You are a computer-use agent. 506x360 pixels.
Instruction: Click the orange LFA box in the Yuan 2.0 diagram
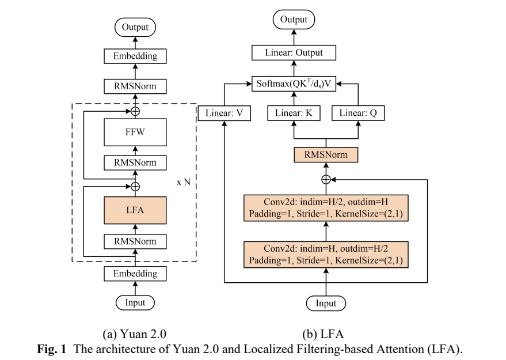pyautogui.click(x=135, y=210)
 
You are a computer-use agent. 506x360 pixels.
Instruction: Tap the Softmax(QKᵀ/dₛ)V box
pyautogui.click(x=294, y=83)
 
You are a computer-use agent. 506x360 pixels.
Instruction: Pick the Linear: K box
pyautogui.click(x=294, y=113)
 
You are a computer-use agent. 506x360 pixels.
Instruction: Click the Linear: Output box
pyautogui.click(x=294, y=53)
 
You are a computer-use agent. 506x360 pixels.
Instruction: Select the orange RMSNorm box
pyautogui.click(x=326, y=155)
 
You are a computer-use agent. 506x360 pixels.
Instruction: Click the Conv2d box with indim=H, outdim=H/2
pyautogui.click(x=326, y=255)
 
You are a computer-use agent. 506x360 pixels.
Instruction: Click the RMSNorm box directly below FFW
pyautogui.click(x=135, y=162)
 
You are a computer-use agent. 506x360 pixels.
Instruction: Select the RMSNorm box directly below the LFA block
pyautogui.click(x=135, y=240)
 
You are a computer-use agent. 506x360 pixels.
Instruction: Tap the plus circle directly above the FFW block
pyautogui.click(x=135, y=111)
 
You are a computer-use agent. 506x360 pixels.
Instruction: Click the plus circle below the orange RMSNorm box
pyautogui.click(x=326, y=179)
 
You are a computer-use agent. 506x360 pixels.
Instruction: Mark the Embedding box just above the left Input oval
pyautogui.click(x=135, y=273)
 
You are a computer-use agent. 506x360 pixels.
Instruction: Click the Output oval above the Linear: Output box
pyautogui.click(x=294, y=20)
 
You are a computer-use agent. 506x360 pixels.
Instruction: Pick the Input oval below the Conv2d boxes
pyautogui.click(x=326, y=303)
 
